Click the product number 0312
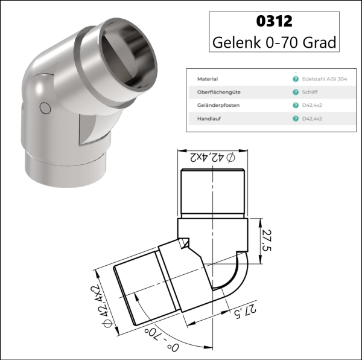(274, 21)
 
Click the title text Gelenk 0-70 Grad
(275, 43)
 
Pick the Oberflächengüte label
(215, 92)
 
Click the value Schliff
(308, 92)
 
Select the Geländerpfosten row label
(216, 105)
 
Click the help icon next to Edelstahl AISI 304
(295, 79)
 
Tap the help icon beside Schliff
(295, 92)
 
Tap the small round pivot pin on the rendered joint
(43, 108)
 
